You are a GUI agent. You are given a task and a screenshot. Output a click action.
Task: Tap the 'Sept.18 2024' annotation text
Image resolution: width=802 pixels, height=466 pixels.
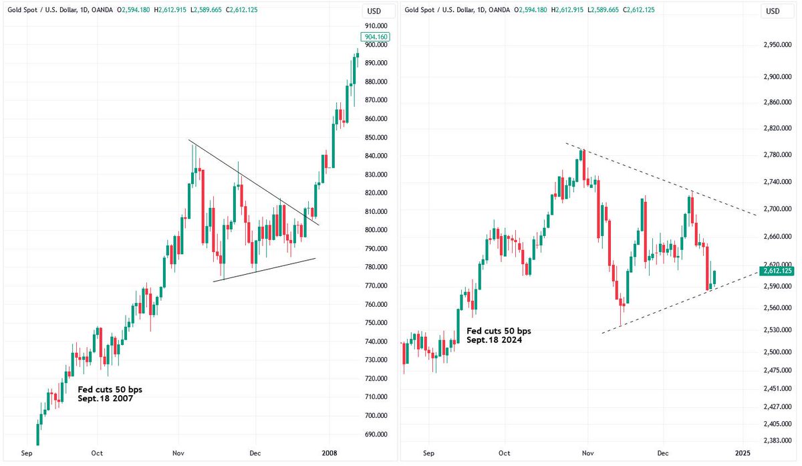pyautogui.click(x=495, y=340)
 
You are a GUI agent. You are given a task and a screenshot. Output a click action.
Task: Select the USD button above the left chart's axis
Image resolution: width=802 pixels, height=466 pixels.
pyautogui.click(x=374, y=11)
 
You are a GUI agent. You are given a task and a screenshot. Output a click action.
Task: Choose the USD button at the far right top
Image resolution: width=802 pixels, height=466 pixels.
pyautogui.click(x=773, y=11)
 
